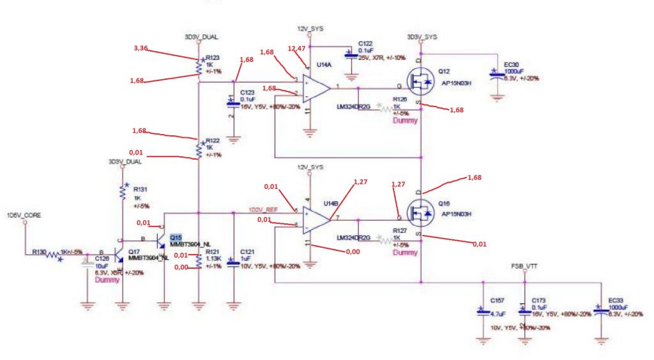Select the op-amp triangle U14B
coord(317,218)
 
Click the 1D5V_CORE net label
coord(24,215)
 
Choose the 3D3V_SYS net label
coord(422,36)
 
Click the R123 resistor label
coord(212,57)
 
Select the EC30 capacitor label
coord(511,64)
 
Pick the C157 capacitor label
coord(497,300)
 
